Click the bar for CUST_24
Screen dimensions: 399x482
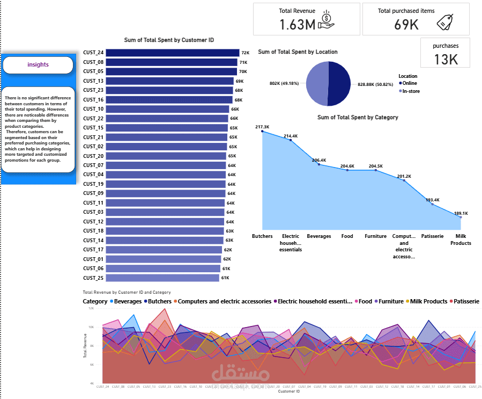(172, 53)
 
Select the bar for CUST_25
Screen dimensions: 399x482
(162, 278)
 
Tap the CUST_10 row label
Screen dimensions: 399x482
(93, 109)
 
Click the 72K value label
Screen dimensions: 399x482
(246, 53)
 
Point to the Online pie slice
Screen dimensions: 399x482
(339, 83)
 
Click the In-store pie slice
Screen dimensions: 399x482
(316, 83)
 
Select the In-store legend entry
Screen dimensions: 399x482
(410, 91)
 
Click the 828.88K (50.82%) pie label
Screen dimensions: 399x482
(375, 84)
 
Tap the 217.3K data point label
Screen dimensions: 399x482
(262, 127)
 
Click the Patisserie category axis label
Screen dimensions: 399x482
(432, 236)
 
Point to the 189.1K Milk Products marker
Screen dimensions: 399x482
(461, 217)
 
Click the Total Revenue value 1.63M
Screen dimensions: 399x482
(297, 24)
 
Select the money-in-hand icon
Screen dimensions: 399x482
(327, 20)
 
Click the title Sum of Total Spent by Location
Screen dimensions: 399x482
(298, 52)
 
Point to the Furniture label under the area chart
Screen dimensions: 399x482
(375, 236)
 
